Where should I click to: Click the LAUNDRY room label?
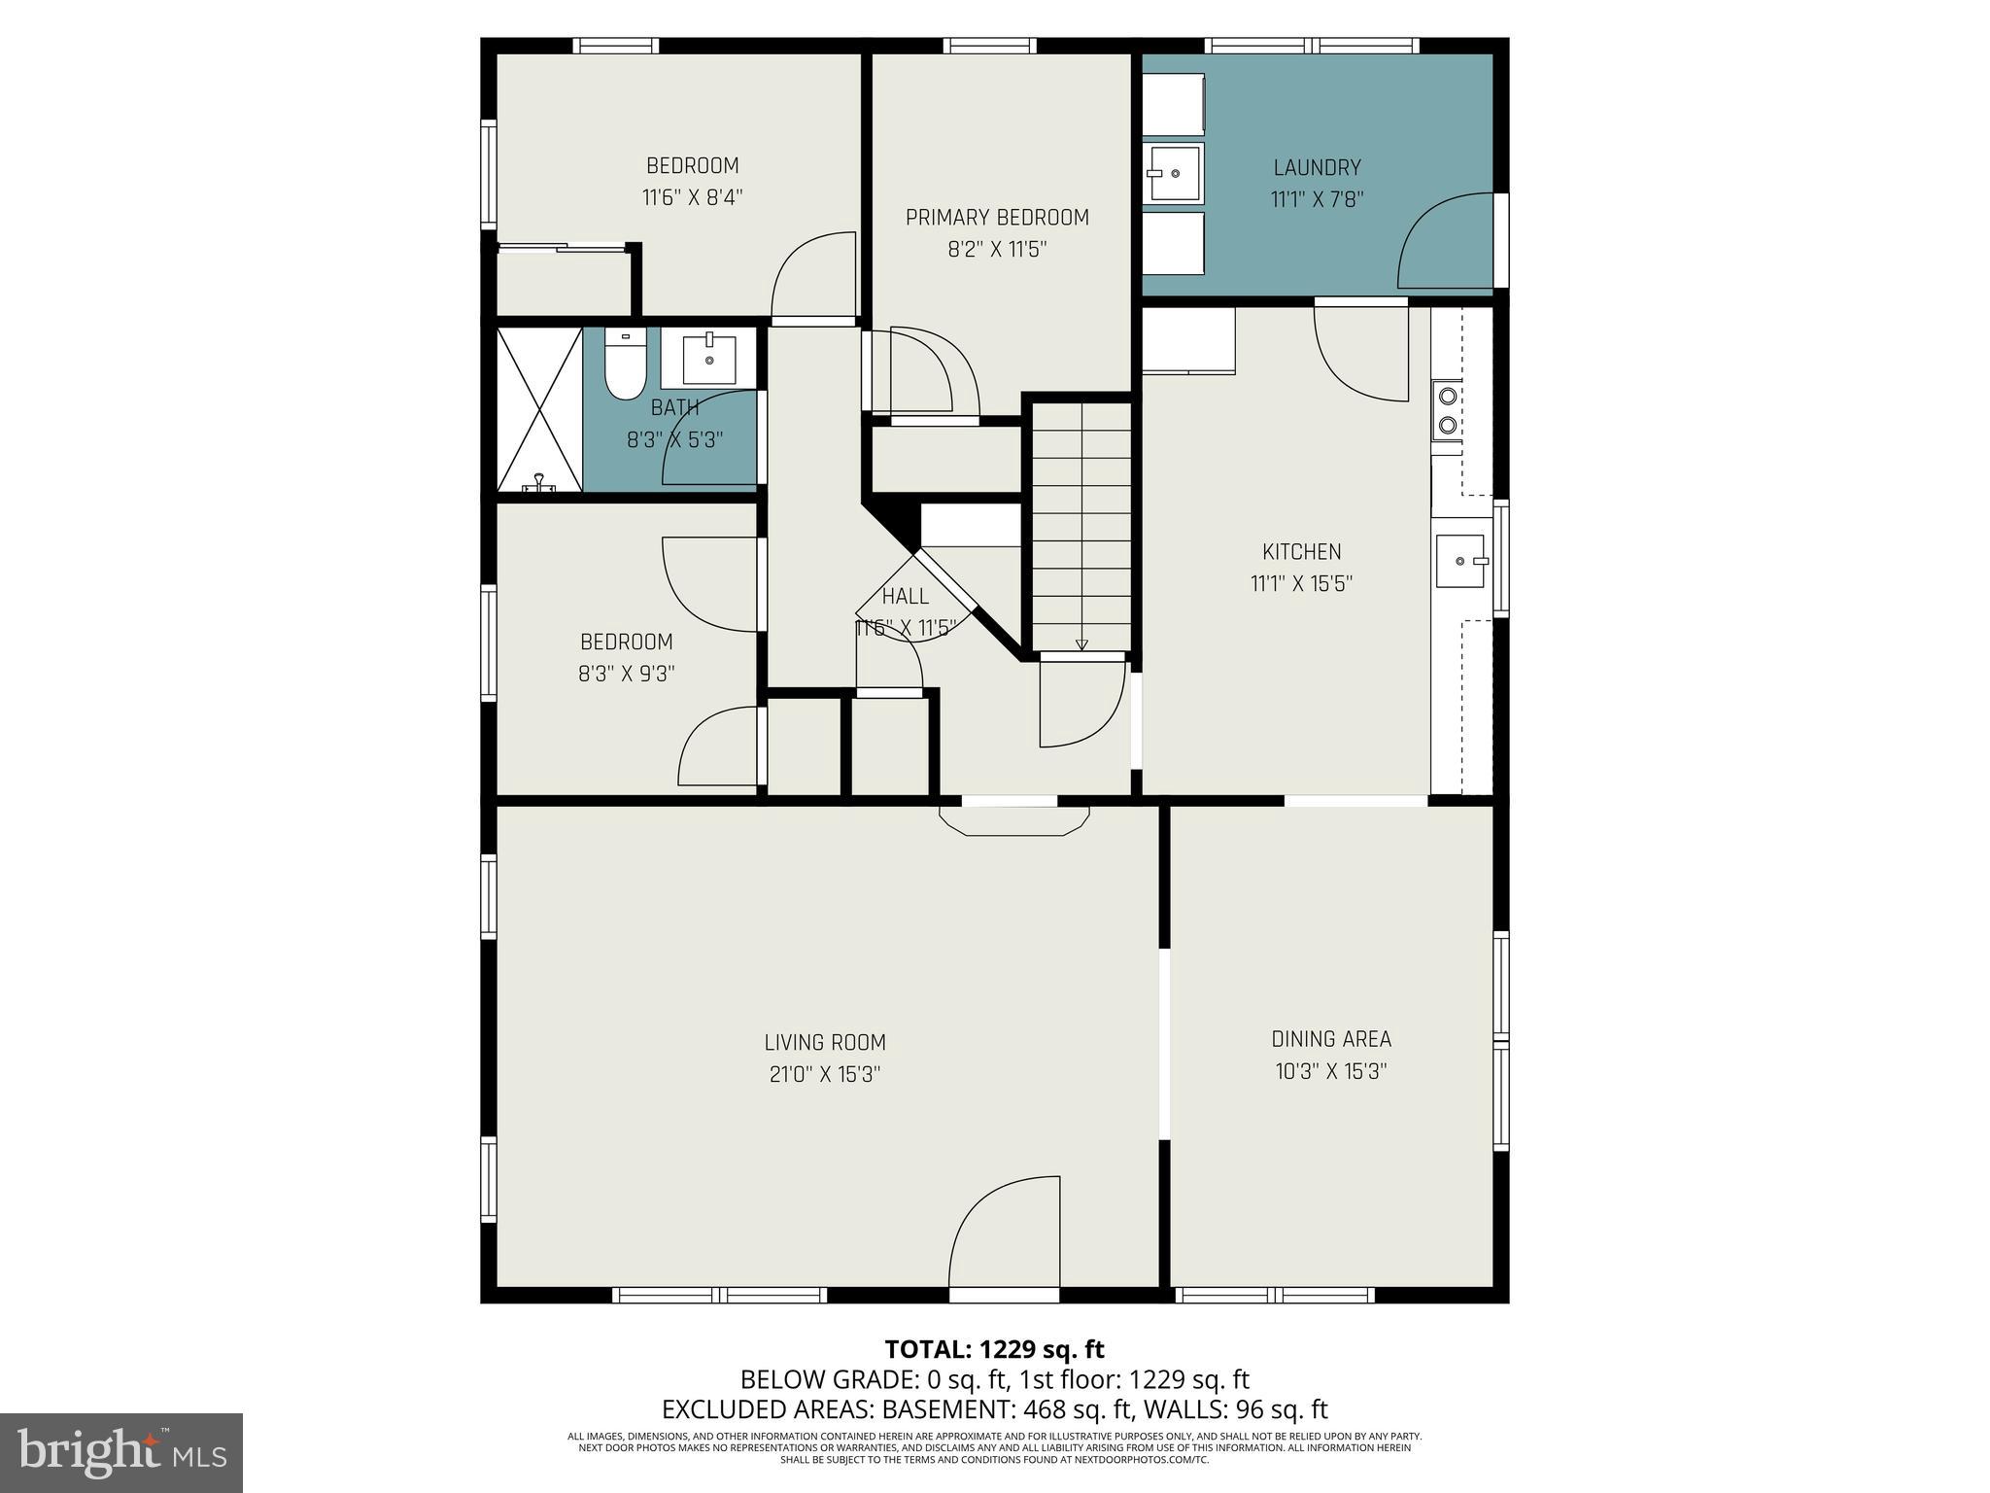(1317, 167)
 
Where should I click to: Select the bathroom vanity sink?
(709, 358)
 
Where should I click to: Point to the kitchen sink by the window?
(1460, 561)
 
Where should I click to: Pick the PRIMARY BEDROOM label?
(997, 218)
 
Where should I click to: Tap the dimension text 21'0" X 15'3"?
(824, 1074)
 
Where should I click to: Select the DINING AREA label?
(1330, 1039)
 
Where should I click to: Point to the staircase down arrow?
(1081, 642)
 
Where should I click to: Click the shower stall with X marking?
(539, 409)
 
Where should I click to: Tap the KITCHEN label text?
(1301, 552)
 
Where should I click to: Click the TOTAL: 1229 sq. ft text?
(994, 1349)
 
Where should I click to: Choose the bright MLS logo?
(121, 1452)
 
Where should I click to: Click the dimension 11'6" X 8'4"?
(692, 197)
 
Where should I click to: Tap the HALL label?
(905, 596)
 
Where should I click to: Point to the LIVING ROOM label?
(824, 1043)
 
